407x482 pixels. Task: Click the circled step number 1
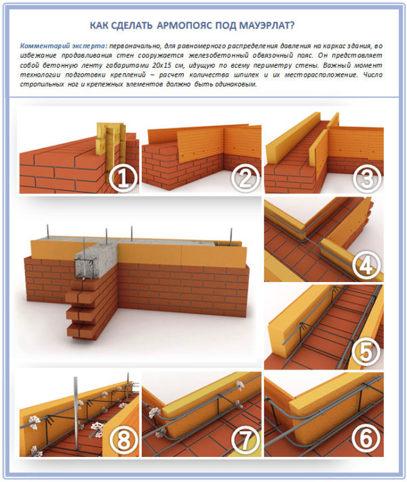pos(123,179)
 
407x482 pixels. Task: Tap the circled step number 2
pos(245,178)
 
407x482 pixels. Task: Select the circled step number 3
pos(367,178)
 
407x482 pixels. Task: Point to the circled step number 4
pos(366,266)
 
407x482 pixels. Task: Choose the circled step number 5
pos(366,352)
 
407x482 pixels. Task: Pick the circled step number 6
pos(366,439)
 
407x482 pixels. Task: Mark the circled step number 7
pos(245,439)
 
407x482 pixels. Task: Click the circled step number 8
pos(123,439)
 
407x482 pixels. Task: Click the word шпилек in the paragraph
pos(246,75)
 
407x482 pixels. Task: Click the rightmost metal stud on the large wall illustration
pos(231,237)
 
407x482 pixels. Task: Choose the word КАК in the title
pos(98,26)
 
